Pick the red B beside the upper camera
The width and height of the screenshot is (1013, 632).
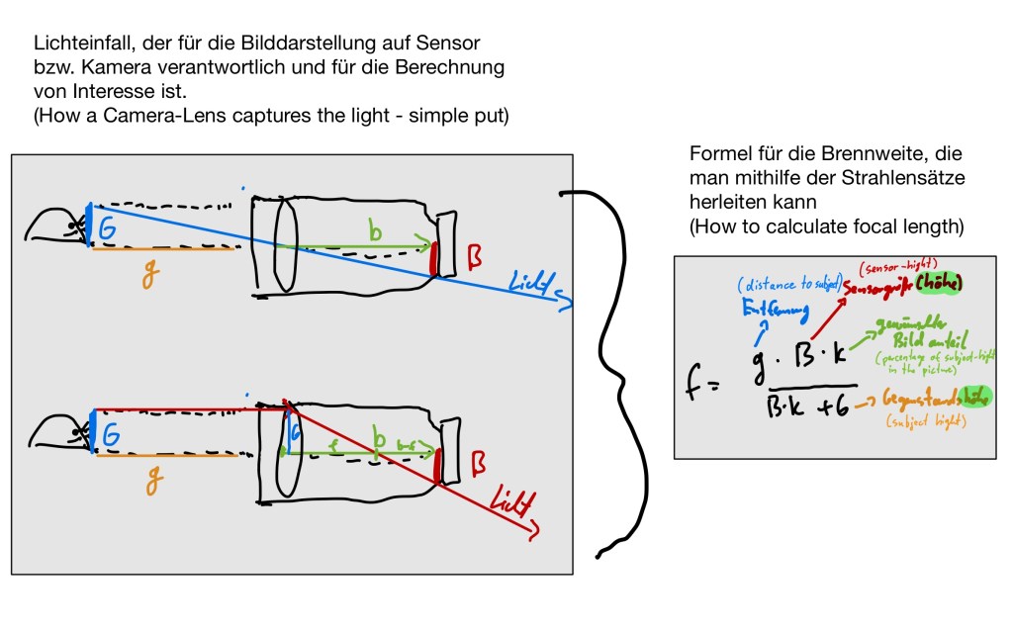point(474,259)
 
